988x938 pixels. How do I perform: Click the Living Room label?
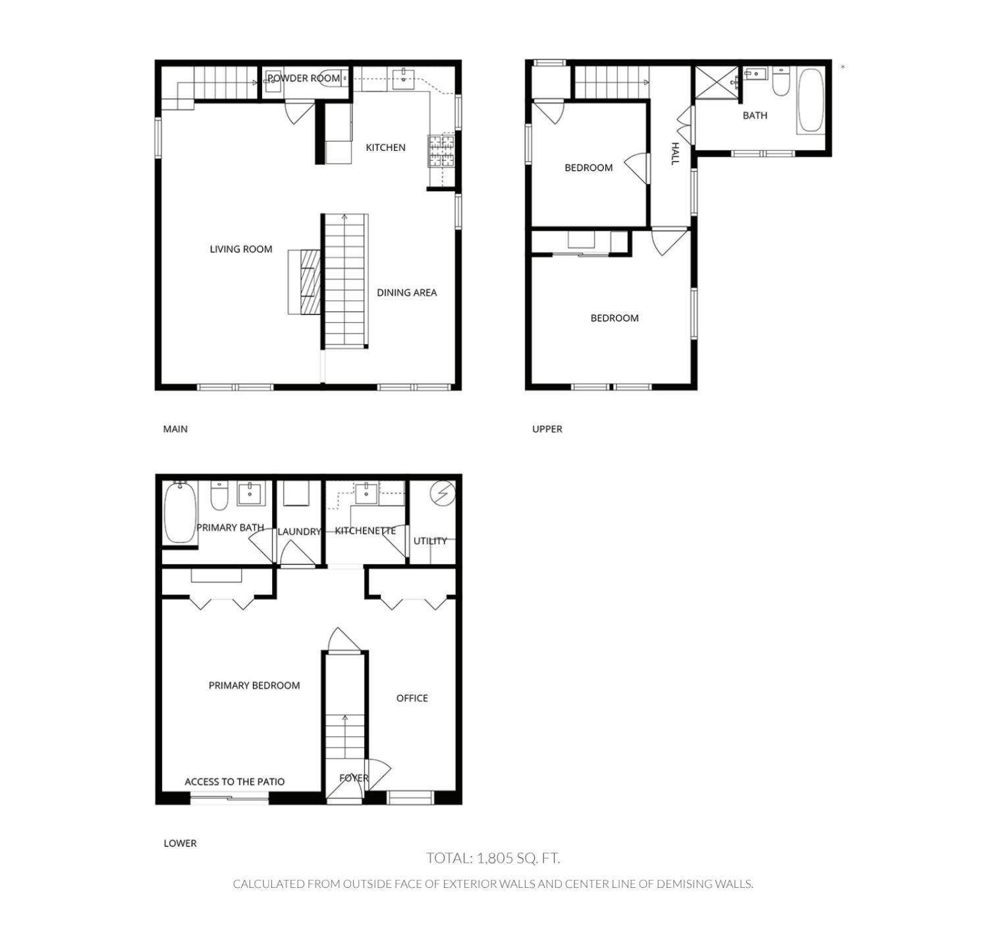(240, 249)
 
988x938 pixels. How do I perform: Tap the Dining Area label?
(406, 293)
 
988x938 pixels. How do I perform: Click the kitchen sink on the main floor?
(402, 78)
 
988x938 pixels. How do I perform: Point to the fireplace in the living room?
(305, 282)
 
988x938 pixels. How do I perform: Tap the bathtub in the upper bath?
(810, 101)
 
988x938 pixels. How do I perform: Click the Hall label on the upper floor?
(674, 154)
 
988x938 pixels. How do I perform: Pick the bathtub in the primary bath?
(180, 513)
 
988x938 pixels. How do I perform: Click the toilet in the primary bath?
(219, 496)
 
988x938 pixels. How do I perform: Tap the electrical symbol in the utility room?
(442, 493)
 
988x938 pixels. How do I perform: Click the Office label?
(412, 698)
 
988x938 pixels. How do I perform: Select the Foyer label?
(354, 778)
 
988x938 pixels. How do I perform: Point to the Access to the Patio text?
(234, 782)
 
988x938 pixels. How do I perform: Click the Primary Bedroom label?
(254, 686)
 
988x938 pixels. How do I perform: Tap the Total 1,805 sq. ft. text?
(493, 858)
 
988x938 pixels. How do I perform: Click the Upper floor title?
(547, 429)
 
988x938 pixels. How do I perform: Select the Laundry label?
(299, 531)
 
